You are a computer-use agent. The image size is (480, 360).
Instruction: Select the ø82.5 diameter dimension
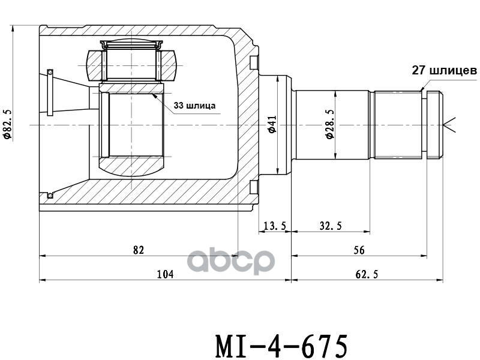click(7, 124)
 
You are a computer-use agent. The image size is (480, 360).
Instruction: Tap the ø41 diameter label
click(271, 125)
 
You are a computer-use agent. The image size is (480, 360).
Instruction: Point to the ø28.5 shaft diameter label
click(329, 125)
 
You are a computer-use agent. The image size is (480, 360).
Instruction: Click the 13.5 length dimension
click(275, 226)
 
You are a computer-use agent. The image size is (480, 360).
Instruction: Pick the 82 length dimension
click(139, 250)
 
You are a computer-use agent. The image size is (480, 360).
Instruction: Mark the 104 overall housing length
click(164, 274)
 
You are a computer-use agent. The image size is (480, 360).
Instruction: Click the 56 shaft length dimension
click(359, 250)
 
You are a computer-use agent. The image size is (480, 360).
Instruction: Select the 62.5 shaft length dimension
click(367, 274)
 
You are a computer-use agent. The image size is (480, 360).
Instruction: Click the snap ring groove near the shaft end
click(424, 125)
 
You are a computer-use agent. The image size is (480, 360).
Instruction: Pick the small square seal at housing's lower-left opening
click(50, 195)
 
